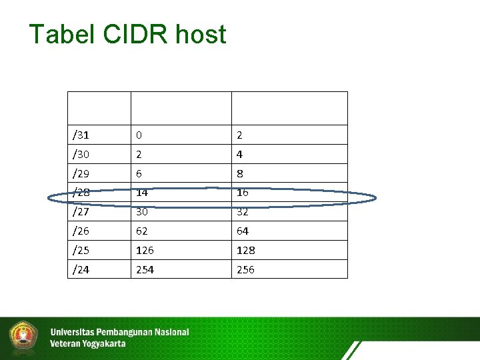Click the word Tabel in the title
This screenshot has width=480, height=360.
(60, 34)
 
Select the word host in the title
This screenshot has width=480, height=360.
(201, 34)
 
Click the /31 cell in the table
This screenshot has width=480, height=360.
(81, 135)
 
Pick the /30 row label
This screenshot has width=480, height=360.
(81, 155)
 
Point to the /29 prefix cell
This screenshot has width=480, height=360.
(81, 174)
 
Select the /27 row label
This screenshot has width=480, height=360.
(81, 212)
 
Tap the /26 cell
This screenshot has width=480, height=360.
(81, 231)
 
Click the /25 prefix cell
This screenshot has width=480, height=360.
(81, 251)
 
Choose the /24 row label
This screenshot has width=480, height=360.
(81, 270)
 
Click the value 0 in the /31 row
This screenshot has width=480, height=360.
(139, 135)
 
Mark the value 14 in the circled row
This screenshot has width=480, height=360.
(141, 193)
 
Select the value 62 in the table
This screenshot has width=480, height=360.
(141, 231)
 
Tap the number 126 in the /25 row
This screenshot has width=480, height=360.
(145, 251)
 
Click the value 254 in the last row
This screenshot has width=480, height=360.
(145, 270)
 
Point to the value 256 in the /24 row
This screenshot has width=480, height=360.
(245, 270)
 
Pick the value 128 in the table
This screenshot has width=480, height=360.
(245, 251)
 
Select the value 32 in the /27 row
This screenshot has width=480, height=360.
(242, 212)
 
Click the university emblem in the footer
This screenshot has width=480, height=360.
(23, 337)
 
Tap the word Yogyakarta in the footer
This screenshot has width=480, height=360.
(101, 344)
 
